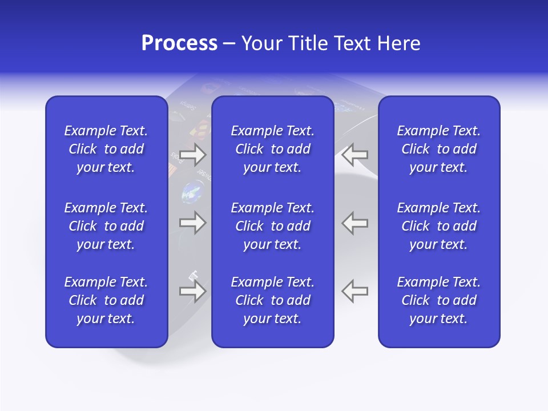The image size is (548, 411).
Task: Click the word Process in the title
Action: point(179,43)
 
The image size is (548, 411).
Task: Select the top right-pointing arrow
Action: point(192,154)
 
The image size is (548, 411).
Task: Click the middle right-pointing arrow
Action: point(192,223)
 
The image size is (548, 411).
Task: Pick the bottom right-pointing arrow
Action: point(192,291)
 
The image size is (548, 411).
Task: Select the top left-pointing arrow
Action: point(355,154)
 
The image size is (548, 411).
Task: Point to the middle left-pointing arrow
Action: point(355,223)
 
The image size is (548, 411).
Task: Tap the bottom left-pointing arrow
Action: point(355,291)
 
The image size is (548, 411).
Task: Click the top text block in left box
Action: point(106,149)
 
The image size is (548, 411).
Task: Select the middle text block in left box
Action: point(106,226)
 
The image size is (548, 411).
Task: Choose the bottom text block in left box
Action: point(106,300)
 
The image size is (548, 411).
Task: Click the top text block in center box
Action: point(272,149)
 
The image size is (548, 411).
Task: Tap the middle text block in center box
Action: point(272,226)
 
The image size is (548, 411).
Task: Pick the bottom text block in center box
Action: point(272,300)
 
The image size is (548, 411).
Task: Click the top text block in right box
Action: point(438,149)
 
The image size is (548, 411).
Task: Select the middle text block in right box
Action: point(438,226)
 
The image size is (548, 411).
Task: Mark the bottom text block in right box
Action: point(438,300)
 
